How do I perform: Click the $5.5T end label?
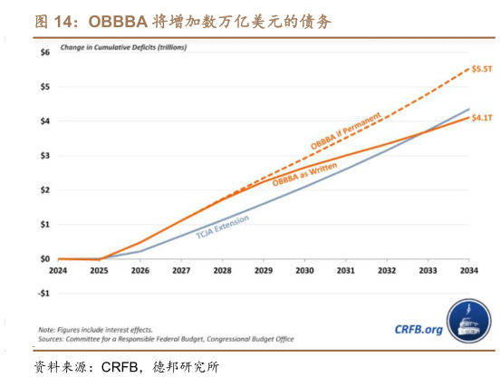pyautogui.click(x=482, y=69)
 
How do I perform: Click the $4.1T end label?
pyautogui.click(x=482, y=118)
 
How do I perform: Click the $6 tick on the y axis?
pyautogui.click(x=44, y=53)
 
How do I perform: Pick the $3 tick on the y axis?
pyautogui.click(x=44, y=156)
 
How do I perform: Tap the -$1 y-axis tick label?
pyautogui.click(x=43, y=294)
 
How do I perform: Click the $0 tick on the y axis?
pyautogui.click(x=44, y=259)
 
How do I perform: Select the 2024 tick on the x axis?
pyautogui.click(x=59, y=271)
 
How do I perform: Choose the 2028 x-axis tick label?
pyautogui.click(x=222, y=271)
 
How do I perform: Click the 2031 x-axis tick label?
pyautogui.click(x=345, y=271)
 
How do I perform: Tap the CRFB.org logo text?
pyautogui.click(x=419, y=331)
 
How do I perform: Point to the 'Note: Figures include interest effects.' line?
pyautogui.click(x=96, y=329)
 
